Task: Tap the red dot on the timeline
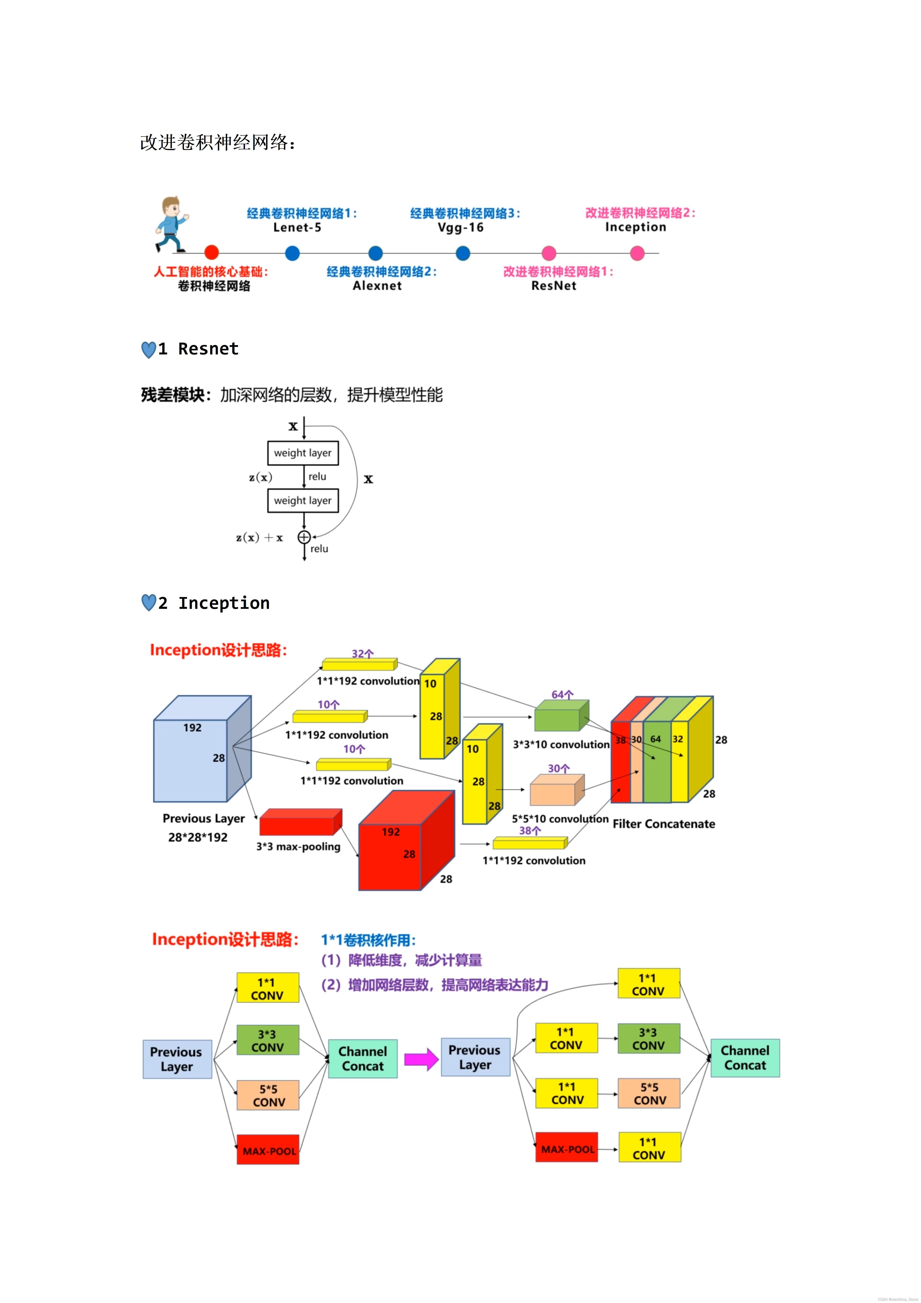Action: tap(211, 253)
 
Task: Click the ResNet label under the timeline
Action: tap(553, 286)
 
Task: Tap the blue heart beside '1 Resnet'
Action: tap(148, 350)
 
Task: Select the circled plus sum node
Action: tap(304, 537)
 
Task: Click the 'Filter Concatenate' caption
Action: tap(663, 824)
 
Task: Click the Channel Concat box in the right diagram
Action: tap(745, 1058)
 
